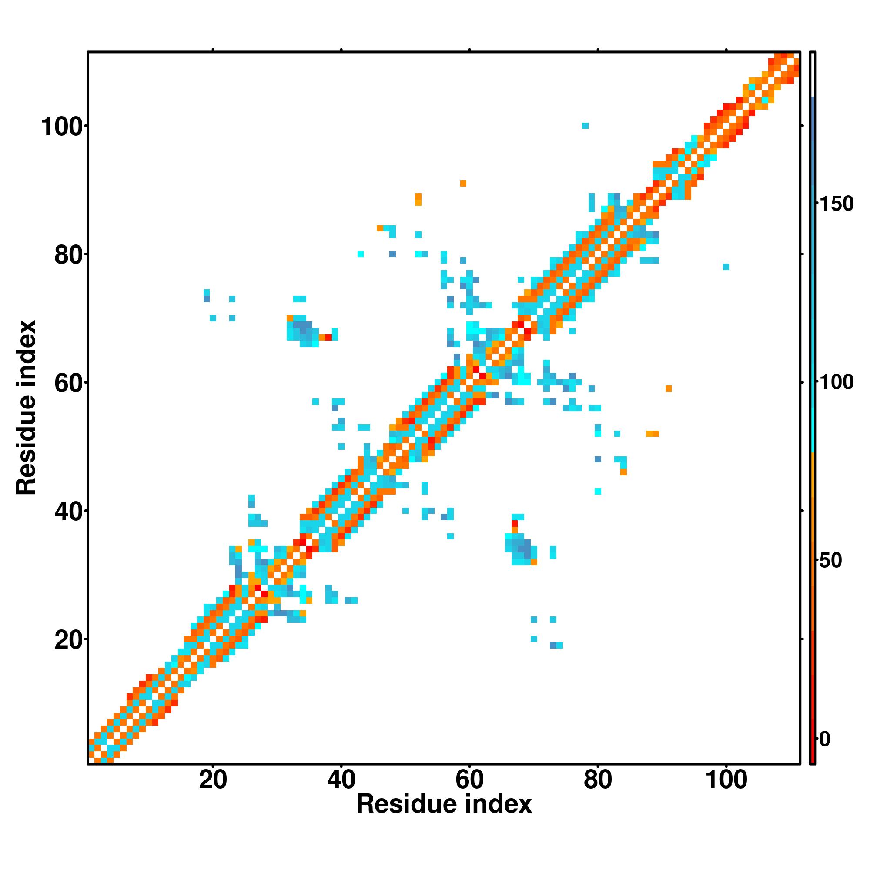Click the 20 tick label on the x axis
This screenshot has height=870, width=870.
click(213, 780)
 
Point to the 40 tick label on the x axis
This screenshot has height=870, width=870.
click(341, 780)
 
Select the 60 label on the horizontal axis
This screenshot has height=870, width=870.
click(469, 780)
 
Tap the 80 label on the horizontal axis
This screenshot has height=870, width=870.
click(598, 780)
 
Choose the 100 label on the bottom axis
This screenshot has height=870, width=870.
click(726, 780)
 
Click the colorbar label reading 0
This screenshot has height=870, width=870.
click(825, 739)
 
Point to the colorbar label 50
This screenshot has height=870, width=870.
click(830, 561)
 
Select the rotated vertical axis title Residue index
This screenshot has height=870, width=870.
click(26, 408)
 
